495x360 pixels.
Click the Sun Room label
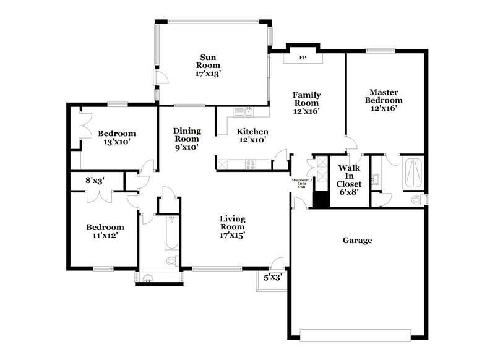click(x=208, y=64)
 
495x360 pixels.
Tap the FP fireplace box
click(x=303, y=58)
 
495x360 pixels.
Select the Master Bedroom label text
click(x=384, y=100)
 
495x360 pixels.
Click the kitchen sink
click(x=247, y=112)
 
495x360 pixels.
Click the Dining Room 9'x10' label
click(x=186, y=139)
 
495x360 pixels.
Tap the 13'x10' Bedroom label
click(x=116, y=137)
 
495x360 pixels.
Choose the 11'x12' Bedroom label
click(x=105, y=231)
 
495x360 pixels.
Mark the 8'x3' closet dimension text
click(x=95, y=181)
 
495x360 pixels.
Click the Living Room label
click(x=233, y=226)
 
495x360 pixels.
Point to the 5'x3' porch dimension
click(x=272, y=278)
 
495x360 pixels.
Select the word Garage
click(x=358, y=240)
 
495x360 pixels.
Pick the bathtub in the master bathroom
click(x=412, y=173)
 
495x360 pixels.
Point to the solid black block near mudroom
click(x=321, y=200)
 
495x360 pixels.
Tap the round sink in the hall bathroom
click(x=147, y=278)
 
